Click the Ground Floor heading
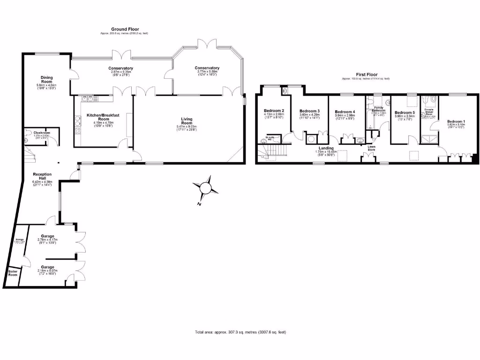click(x=125, y=30)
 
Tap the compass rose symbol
click(x=205, y=187)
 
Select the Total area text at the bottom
click(x=240, y=332)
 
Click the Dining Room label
click(x=46, y=80)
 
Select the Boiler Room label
click(x=13, y=273)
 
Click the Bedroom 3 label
click(x=309, y=111)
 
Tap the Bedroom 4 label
click(x=345, y=112)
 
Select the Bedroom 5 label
click(x=404, y=113)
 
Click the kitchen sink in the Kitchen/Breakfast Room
click(x=87, y=98)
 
